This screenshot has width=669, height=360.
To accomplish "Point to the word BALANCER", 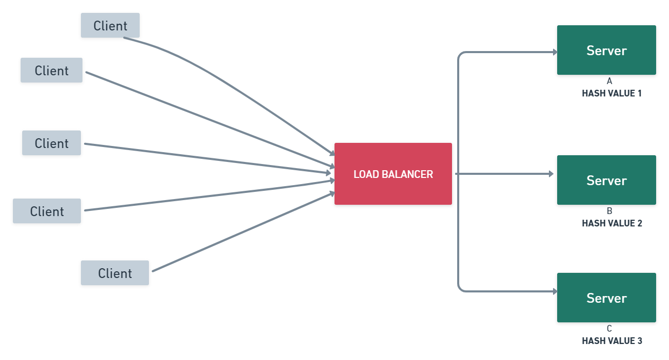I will [407, 174].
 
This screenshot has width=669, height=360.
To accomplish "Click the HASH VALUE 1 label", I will [612, 93].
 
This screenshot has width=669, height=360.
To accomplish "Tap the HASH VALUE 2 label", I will [612, 223].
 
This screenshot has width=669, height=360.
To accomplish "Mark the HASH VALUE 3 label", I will [612, 341].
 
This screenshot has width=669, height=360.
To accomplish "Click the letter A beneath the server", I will [609, 81].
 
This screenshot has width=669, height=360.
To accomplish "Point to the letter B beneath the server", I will [609, 211].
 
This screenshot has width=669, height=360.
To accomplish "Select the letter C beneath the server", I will [609, 329].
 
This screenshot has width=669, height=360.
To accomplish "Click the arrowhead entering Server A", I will [555, 52].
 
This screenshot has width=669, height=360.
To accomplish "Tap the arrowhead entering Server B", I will [551, 174].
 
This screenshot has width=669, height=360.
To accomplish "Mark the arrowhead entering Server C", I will [555, 292].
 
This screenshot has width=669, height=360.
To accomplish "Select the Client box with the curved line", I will [110, 26].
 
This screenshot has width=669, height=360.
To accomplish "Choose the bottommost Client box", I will [115, 273].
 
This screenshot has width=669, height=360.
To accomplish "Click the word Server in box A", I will [606, 51].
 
